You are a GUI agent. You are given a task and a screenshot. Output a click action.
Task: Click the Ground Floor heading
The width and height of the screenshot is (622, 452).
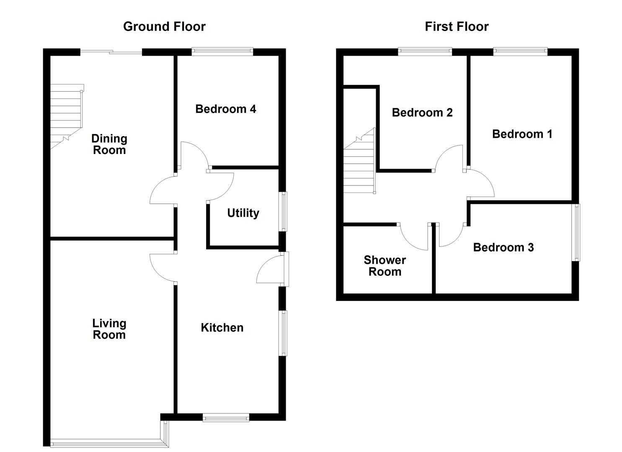[x=164, y=27]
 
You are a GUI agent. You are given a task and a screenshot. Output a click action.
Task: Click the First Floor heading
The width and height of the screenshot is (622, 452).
[x=457, y=27]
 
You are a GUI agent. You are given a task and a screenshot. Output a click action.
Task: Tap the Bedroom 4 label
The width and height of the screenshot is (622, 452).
[x=226, y=109]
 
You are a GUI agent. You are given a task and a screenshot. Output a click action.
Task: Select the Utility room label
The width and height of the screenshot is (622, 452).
[x=243, y=213]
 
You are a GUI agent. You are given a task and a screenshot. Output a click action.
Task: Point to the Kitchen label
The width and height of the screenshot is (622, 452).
[x=222, y=328]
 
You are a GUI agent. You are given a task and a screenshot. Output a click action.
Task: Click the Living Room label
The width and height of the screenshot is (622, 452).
[x=109, y=329]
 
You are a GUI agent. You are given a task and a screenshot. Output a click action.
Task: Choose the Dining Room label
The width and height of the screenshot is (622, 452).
[x=109, y=144]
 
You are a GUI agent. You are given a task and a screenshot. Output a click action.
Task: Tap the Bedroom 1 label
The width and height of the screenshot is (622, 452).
[x=522, y=134]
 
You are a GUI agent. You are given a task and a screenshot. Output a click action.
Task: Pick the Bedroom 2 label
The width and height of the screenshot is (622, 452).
[x=422, y=113]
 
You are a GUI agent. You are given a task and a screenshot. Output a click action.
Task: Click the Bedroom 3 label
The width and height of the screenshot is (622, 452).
[x=503, y=247]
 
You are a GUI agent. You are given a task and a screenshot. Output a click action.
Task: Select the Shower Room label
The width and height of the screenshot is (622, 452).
[x=385, y=266]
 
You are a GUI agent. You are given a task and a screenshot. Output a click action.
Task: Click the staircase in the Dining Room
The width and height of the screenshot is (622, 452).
[x=66, y=115]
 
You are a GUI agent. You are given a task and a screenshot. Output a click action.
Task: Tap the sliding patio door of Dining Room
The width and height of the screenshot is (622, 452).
[x=111, y=52]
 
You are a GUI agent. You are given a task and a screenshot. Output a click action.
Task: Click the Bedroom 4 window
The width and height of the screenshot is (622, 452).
[x=222, y=52]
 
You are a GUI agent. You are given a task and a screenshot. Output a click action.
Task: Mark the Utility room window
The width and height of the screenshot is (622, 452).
[x=284, y=211]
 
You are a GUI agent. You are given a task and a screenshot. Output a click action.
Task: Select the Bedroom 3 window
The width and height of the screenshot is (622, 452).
[x=576, y=232]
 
